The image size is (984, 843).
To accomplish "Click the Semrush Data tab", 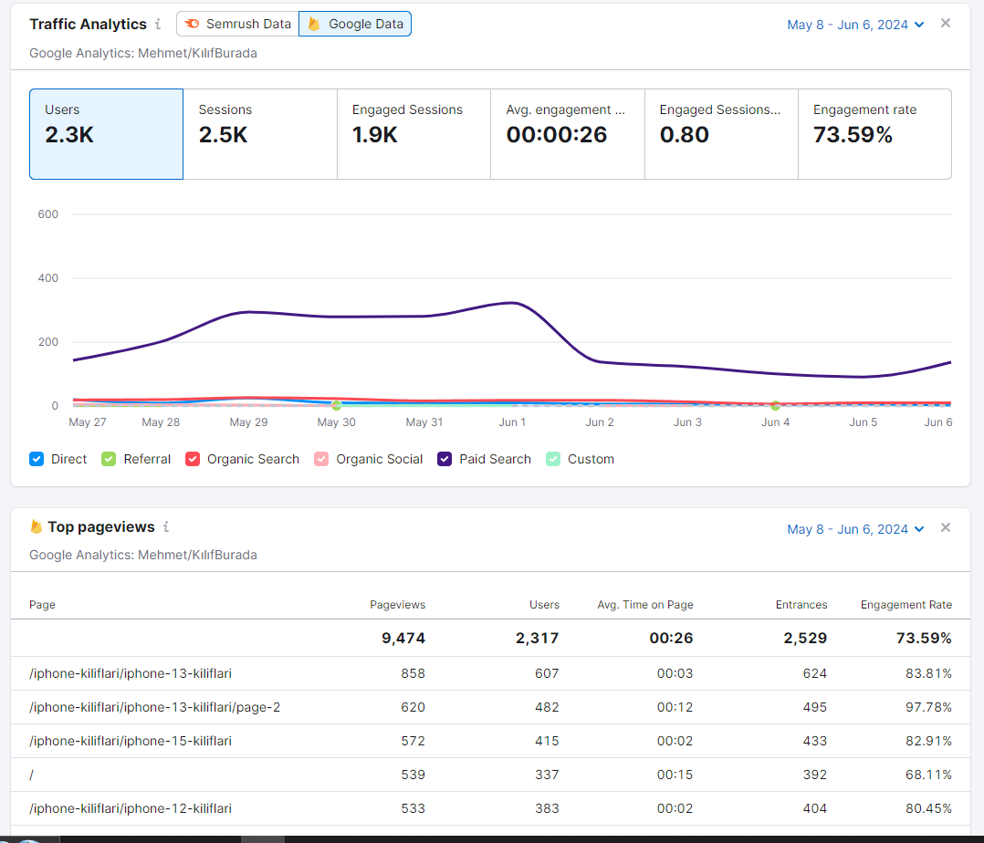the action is coord(238,24).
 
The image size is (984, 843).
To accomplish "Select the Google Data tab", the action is coord(355,24).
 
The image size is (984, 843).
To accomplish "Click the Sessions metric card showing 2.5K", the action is coord(260,134).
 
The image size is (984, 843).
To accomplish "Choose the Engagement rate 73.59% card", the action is coord(874,134).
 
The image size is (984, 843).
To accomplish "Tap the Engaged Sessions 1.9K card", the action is coord(414,134).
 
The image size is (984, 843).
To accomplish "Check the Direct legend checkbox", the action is coord(37,459).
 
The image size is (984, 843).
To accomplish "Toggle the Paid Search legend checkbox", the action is coord(445,459).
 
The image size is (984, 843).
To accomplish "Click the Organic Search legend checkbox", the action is coord(193,459).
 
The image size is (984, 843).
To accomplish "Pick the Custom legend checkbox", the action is coord(553,459).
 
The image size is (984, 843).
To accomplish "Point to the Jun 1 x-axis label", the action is coord(512,422).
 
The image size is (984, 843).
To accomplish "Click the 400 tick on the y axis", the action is coord(48,278).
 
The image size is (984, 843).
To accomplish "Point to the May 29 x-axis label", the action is coord(248,422).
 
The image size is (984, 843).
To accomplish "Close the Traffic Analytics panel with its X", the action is coord(946,23).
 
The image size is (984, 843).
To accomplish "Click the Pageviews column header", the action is coord(398,605).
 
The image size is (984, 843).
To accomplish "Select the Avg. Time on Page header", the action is coord(645,605).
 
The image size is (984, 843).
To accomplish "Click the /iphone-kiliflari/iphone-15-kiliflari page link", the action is coord(131,741).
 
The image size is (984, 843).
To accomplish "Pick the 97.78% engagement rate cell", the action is coord(929,707).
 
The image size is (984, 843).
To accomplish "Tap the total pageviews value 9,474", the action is coord(403,638).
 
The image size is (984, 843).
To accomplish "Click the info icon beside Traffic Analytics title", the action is coord(158,24).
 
